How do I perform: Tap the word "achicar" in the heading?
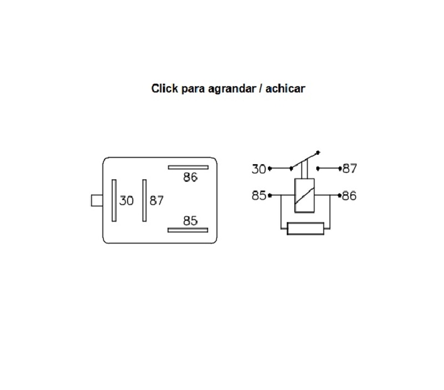(285, 89)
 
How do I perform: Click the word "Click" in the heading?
(164, 89)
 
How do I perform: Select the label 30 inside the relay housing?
(127, 200)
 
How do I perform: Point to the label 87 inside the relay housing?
(157, 200)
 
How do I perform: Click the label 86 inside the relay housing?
(190, 178)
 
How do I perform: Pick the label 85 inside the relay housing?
(190, 221)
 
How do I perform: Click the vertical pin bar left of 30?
(114, 200)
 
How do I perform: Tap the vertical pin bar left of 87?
(144, 200)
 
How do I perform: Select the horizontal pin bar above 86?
(189, 167)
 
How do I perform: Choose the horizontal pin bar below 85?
(189, 230)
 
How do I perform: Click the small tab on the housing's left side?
(97, 200)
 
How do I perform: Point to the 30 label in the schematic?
(259, 169)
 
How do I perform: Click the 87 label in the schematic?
(350, 168)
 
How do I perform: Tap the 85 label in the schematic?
(259, 196)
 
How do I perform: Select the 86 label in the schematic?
(350, 196)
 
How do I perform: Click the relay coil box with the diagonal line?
(304, 195)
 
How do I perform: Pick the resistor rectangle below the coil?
(305, 229)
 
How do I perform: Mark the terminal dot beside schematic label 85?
(270, 195)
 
